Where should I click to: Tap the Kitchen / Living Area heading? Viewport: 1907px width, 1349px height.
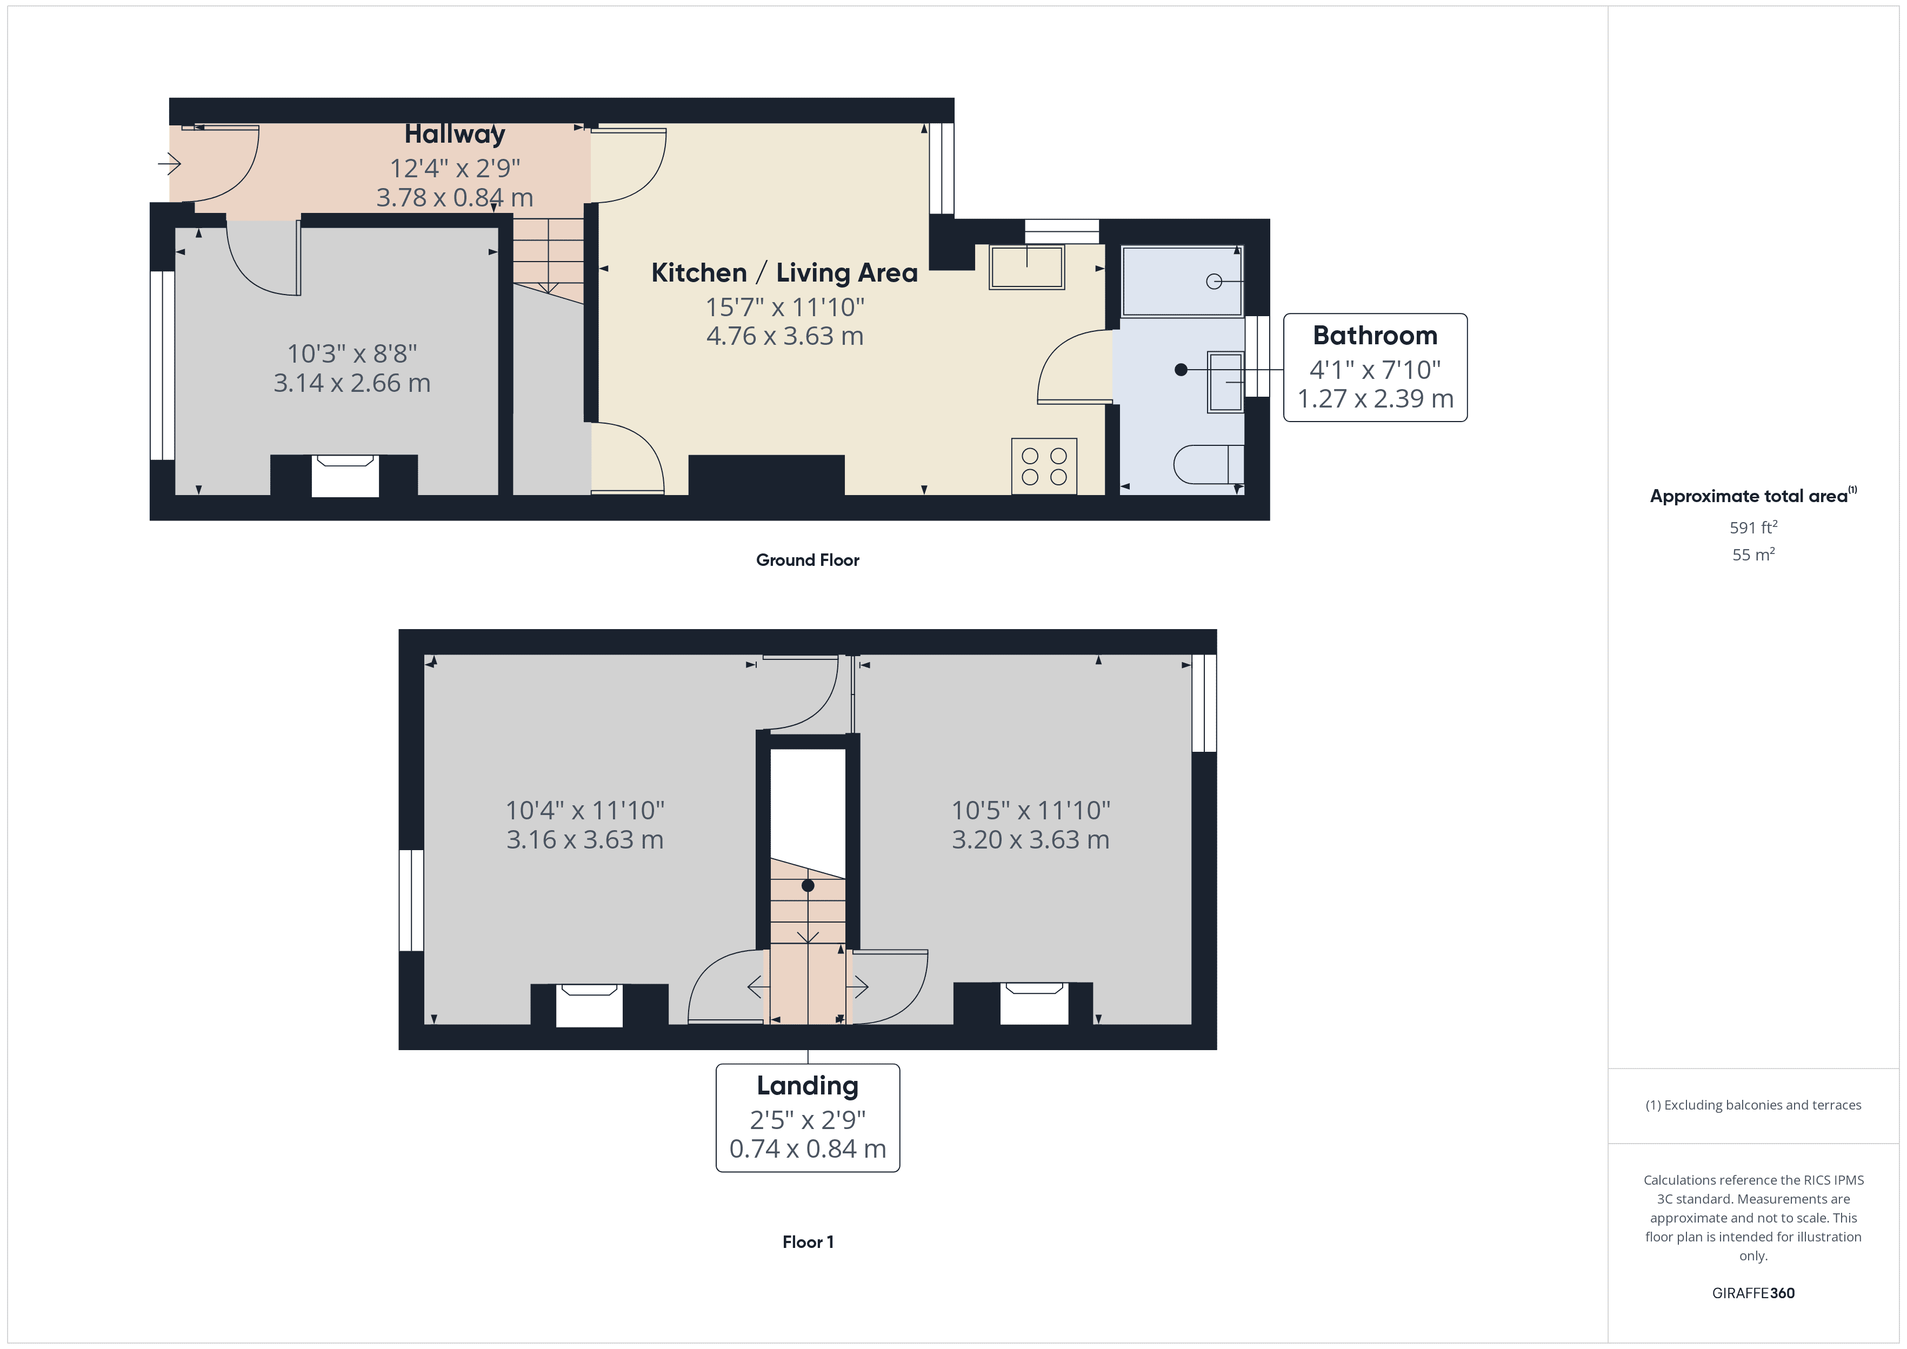coord(784,272)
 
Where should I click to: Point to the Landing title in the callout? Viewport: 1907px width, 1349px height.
coord(808,1086)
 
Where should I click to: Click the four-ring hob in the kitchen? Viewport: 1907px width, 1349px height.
coord(1044,466)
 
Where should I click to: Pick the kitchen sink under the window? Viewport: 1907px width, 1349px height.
coord(1026,266)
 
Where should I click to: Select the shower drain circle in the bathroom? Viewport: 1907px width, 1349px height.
coord(1213,282)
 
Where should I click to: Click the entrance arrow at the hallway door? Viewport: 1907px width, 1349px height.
coord(169,164)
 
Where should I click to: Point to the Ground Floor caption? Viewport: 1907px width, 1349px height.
coord(808,560)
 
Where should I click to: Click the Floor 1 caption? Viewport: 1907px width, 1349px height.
coord(808,1242)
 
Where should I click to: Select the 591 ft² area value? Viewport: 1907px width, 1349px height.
coord(1753,527)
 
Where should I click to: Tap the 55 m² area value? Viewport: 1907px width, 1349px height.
coord(1753,554)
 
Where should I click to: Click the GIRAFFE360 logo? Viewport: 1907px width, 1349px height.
coord(1753,1292)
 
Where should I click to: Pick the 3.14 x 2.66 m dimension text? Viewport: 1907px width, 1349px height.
coord(352,383)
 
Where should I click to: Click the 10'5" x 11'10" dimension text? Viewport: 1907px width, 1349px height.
coord(1031,810)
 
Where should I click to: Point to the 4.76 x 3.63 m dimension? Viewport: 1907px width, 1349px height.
coord(785,336)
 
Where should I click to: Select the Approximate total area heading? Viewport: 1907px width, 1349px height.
coord(1752,496)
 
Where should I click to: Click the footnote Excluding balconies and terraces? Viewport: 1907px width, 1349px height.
coord(1753,1105)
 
